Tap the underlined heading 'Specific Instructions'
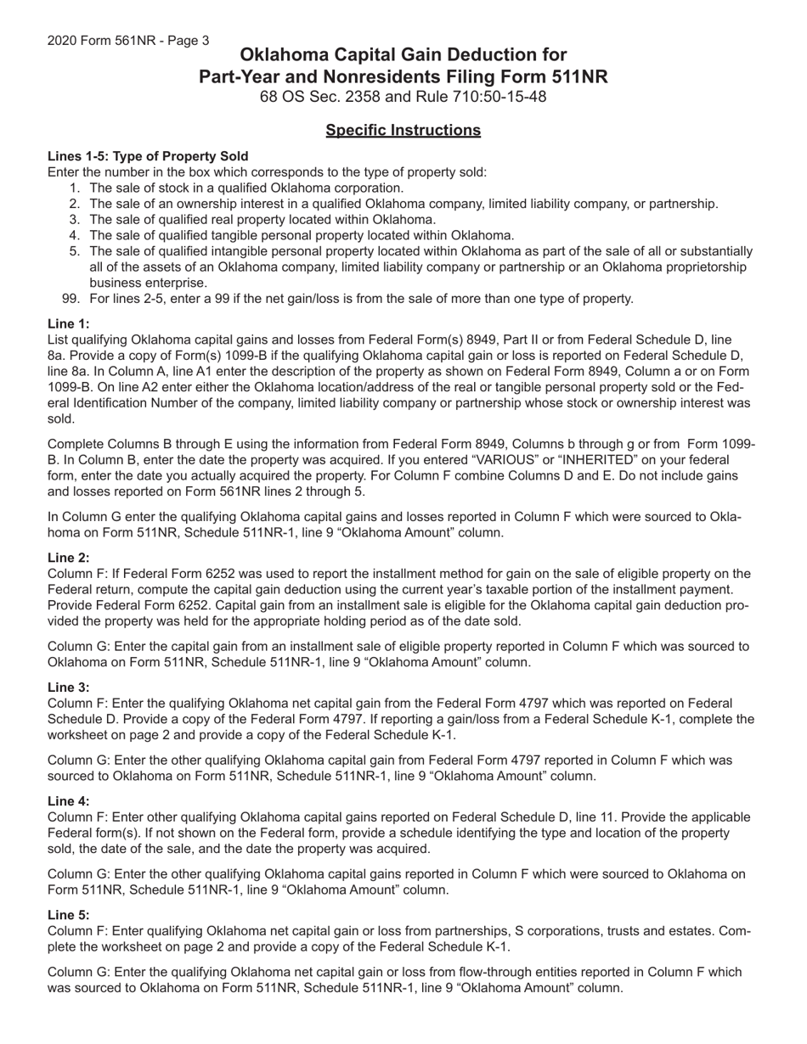click(403, 130)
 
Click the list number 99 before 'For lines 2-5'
click(71, 299)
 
